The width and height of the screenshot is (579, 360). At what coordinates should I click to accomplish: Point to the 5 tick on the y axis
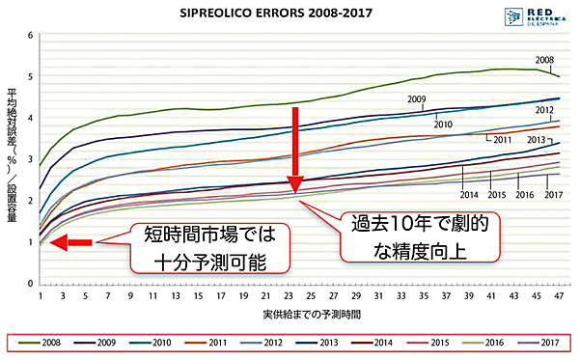30,76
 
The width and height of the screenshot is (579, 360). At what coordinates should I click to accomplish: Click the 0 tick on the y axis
30,283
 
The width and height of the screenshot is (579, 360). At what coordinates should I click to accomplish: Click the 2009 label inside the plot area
417,99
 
